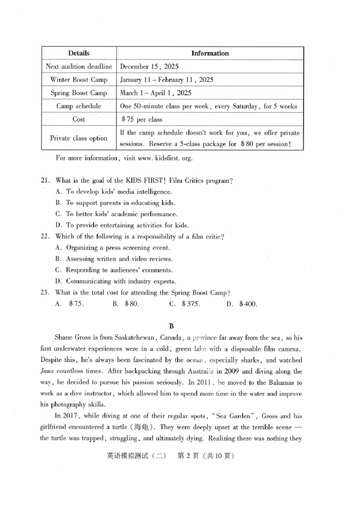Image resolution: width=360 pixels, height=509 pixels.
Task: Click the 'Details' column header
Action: (x=79, y=53)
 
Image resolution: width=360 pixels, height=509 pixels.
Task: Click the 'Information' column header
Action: (x=210, y=53)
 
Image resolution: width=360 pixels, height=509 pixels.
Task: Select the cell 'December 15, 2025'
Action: (x=149, y=67)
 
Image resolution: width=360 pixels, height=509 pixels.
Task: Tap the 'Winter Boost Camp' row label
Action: (x=79, y=80)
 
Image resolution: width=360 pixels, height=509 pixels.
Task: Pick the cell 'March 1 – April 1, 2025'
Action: (x=156, y=93)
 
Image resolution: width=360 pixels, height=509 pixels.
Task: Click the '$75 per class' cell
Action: (x=142, y=120)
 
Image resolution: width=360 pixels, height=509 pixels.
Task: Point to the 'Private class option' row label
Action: (x=79, y=138)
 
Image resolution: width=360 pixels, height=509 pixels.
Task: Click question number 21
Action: (x=45, y=181)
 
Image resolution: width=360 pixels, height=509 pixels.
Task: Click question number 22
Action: (x=45, y=237)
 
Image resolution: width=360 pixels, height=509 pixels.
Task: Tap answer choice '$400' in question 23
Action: (x=248, y=304)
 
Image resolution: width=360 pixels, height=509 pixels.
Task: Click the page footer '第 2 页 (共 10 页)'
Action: (x=206, y=455)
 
